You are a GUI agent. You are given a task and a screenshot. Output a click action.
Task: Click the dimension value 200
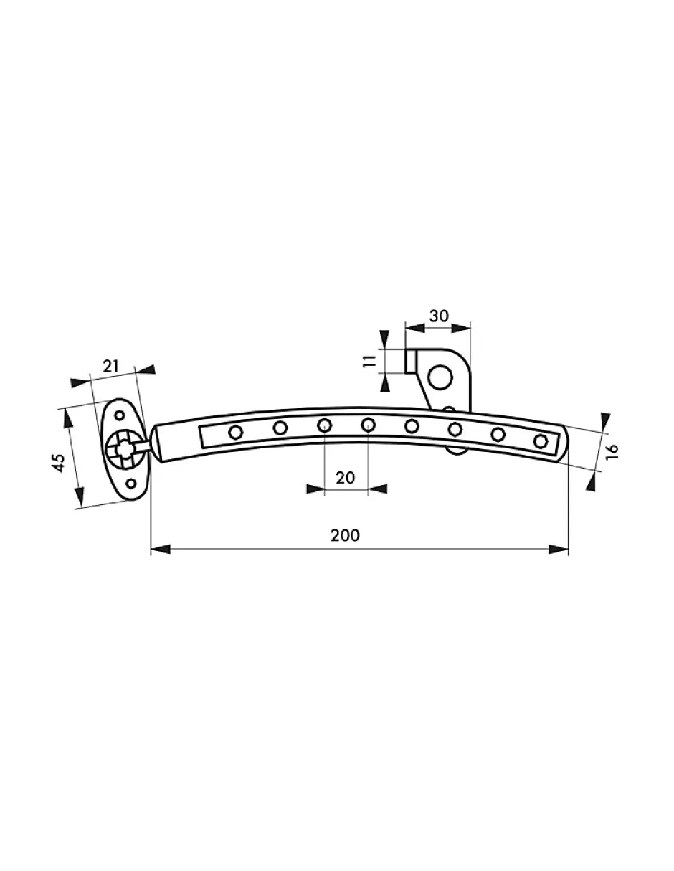(345, 535)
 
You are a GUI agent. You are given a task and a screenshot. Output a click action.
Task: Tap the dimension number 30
(439, 316)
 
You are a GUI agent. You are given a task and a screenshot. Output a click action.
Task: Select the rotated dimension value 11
(369, 361)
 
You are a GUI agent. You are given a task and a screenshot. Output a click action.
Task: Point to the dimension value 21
(111, 366)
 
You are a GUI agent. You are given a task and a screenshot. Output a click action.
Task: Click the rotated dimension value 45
(59, 463)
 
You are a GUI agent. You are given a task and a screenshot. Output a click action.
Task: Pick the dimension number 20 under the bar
(345, 478)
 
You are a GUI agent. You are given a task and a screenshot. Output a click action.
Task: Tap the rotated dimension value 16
(612, 452)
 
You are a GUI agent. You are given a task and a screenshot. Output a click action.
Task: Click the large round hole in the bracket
(440, 377)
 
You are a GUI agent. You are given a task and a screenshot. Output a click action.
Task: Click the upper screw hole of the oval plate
(119, 415)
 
